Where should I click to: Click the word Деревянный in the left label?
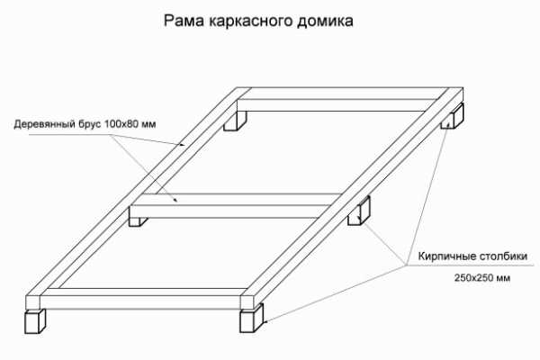(x=48, y=124)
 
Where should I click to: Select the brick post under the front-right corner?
(x=252, y=318)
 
